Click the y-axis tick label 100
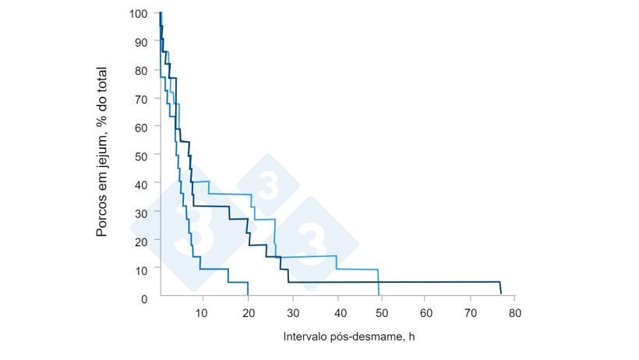click(x=139, y=14)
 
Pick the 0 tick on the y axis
click(x=144, y=298)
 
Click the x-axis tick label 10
click(x=203, y=312)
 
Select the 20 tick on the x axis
click(x=247, y=312)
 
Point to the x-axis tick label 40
click(x=337, y=312)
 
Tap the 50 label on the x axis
click(x=381, y=312)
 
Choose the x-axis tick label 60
click(x=425, y=312)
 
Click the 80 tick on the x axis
click(x=514, y=312)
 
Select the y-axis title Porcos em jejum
click(x=102, y=152)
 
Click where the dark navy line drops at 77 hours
click(x=500, y=288)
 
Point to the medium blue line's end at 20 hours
click(x=248, y=289)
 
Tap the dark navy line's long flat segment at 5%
click(x=390, y=282)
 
